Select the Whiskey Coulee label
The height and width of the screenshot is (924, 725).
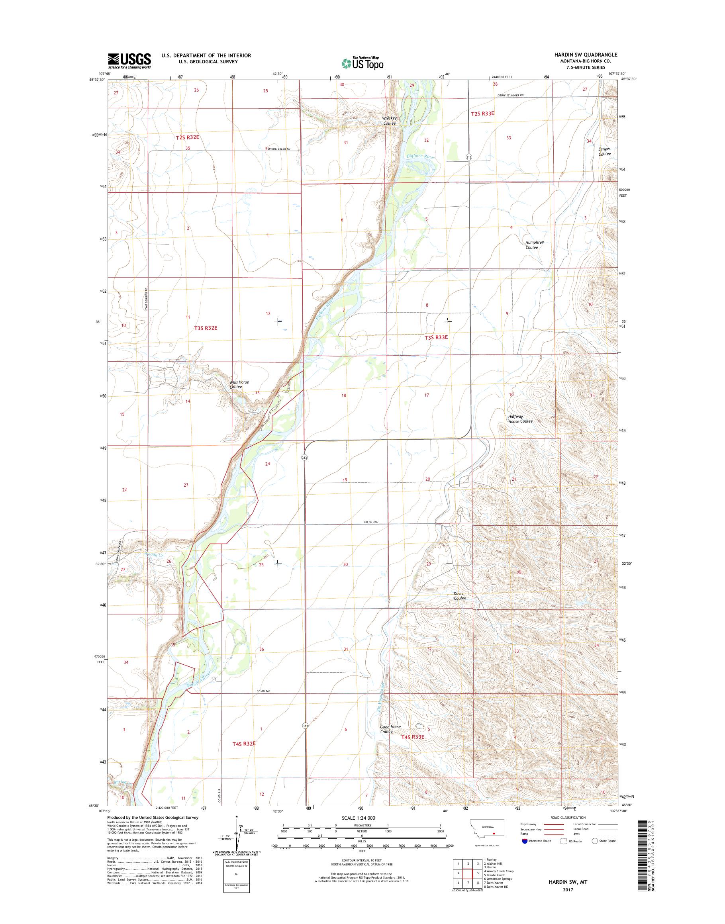389,121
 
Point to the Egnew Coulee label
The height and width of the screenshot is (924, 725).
604,151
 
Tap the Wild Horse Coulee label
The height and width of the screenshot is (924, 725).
239,385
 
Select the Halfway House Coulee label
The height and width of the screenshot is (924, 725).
520,419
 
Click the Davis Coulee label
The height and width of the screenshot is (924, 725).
459,596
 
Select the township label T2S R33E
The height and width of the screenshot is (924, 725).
483,114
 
